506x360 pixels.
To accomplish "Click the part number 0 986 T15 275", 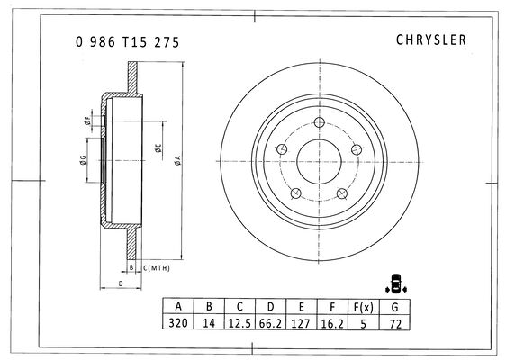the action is click(x=128, y=42).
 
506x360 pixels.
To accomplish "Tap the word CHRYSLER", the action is click(x=431, y=40).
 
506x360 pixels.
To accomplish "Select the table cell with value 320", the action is click(x=178, y=322).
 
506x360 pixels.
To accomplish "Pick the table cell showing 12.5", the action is click(x=239, y=323).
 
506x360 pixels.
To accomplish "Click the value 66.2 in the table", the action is click(x=270, y=323).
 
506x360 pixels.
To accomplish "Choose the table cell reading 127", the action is click(x=301, y=323).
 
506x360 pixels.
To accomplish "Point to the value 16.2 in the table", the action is click(x=332, y=323).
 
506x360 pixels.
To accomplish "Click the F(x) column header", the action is click(x=364, y=307).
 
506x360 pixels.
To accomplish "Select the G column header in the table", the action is click(x=394, y=307).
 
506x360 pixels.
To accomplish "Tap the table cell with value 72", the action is click(x=394, y=323).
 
